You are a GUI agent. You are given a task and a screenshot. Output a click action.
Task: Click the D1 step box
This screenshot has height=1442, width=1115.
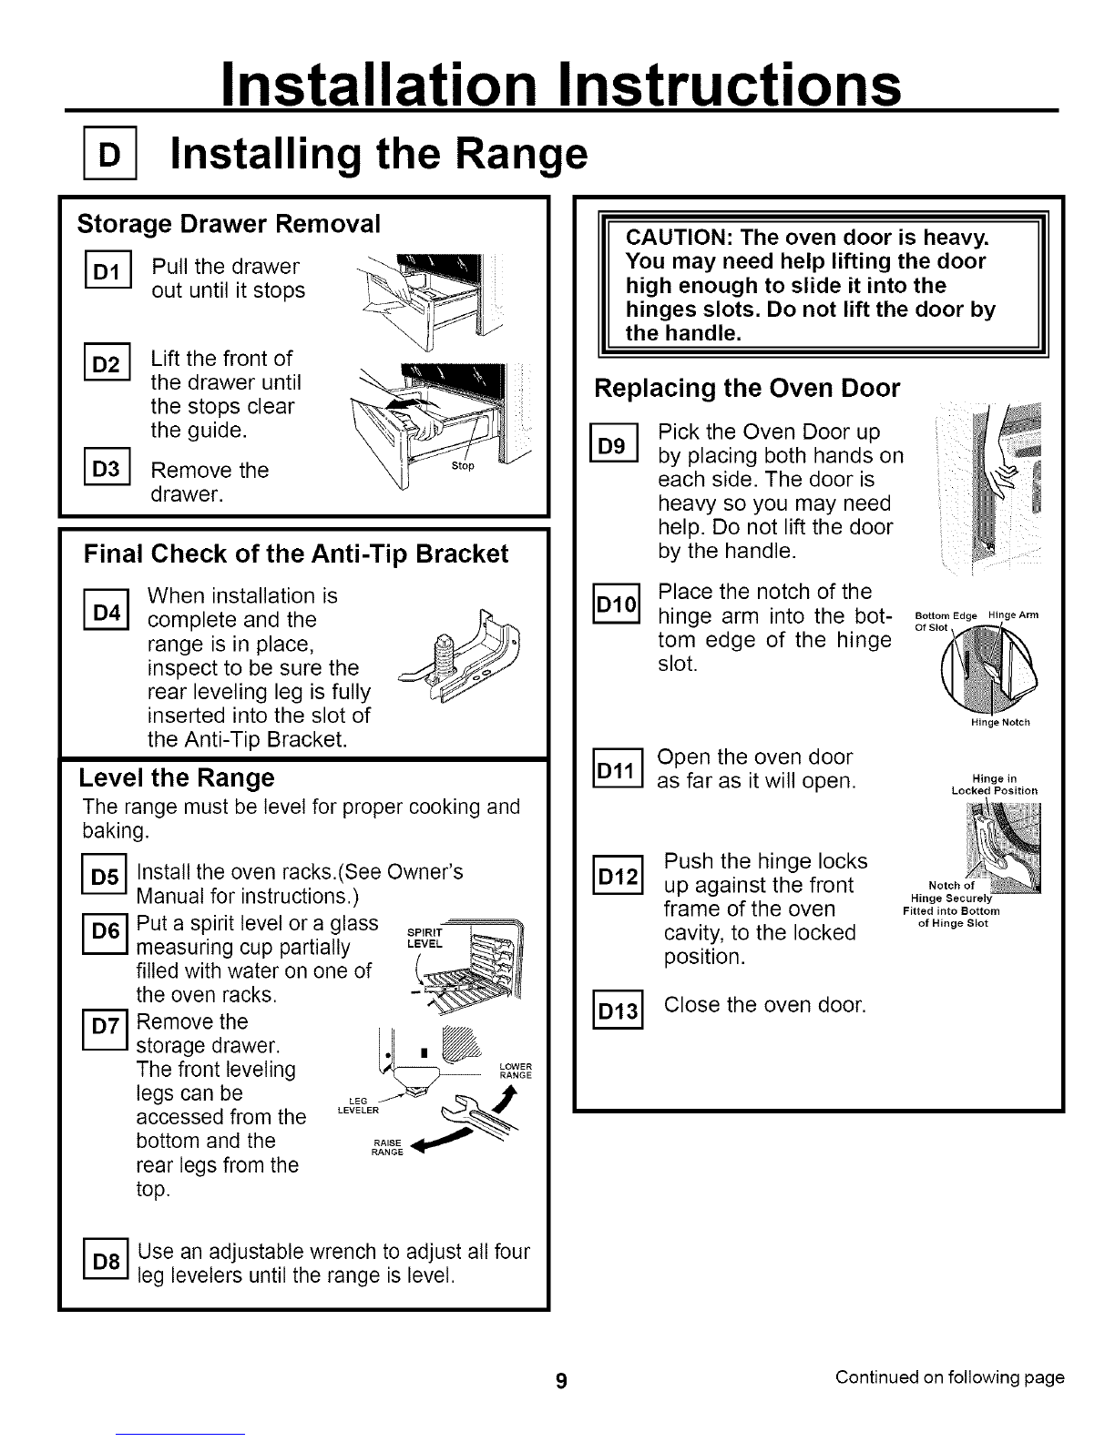(108, 269)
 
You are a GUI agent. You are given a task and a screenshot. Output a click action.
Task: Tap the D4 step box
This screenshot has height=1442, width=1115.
(107, 609)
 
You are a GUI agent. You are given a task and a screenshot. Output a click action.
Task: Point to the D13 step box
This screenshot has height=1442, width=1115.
(618, 1010)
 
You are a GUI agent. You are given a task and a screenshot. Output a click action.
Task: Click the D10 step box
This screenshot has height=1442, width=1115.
(617, 604)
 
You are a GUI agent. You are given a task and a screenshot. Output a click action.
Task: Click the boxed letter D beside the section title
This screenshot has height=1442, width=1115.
(110, 153)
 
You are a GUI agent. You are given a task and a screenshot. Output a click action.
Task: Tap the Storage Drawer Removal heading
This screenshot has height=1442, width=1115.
(229, 224)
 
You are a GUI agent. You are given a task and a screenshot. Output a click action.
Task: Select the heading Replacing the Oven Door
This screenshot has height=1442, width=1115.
(747, 388)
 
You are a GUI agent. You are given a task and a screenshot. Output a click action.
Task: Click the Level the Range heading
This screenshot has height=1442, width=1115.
(177, 777)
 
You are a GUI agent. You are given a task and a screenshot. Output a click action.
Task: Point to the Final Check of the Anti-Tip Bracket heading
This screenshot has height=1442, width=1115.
(296, 553)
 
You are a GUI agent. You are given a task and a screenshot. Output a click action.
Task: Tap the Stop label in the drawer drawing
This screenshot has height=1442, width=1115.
(463, 466)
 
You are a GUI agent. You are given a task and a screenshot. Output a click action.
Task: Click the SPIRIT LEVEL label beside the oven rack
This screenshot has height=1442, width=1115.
(425, 939)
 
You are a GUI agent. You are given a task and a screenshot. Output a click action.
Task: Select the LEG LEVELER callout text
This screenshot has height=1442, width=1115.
(358, 1105)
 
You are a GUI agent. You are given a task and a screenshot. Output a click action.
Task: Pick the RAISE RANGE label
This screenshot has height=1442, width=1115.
(387, 1147)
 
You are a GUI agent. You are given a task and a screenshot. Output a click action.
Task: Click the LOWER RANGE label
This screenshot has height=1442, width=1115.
(516, 1071)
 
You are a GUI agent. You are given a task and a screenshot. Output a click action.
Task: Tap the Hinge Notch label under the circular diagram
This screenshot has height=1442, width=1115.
(1000, 722)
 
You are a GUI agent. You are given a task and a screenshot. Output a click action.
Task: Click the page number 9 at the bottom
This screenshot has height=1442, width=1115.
(561, 1380)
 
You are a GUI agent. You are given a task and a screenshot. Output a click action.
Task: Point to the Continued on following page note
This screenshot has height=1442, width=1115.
(949, 1377)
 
